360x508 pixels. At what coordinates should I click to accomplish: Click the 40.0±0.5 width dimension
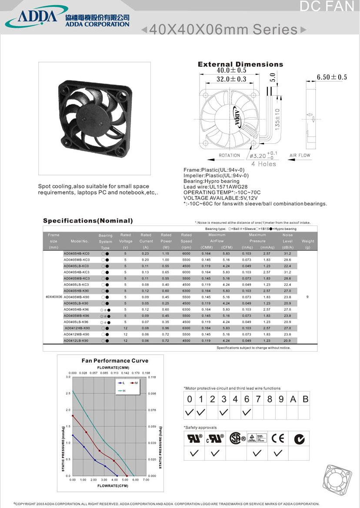coord(231,70)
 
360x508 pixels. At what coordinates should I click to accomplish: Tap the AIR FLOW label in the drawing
coord(300,155)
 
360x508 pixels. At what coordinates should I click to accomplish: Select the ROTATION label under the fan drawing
coord(229,155)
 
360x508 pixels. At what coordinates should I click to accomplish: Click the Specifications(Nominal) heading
coord(88,221)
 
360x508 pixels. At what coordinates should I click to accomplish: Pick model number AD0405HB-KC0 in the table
coord(77,253)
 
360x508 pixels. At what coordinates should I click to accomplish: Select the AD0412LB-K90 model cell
coord(77,341)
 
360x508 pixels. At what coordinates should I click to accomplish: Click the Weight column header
coord(307,241)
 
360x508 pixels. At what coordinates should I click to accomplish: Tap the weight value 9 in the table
coord(307,297)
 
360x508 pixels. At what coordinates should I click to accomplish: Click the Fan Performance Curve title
coord(115,361)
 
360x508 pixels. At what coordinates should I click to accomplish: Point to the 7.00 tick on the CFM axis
coord(146,480)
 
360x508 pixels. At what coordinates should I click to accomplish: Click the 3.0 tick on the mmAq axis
coord(68,377)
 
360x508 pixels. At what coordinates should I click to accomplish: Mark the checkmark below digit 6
coord(247,412)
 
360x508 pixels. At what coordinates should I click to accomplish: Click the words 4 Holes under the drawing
coord(263,164)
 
